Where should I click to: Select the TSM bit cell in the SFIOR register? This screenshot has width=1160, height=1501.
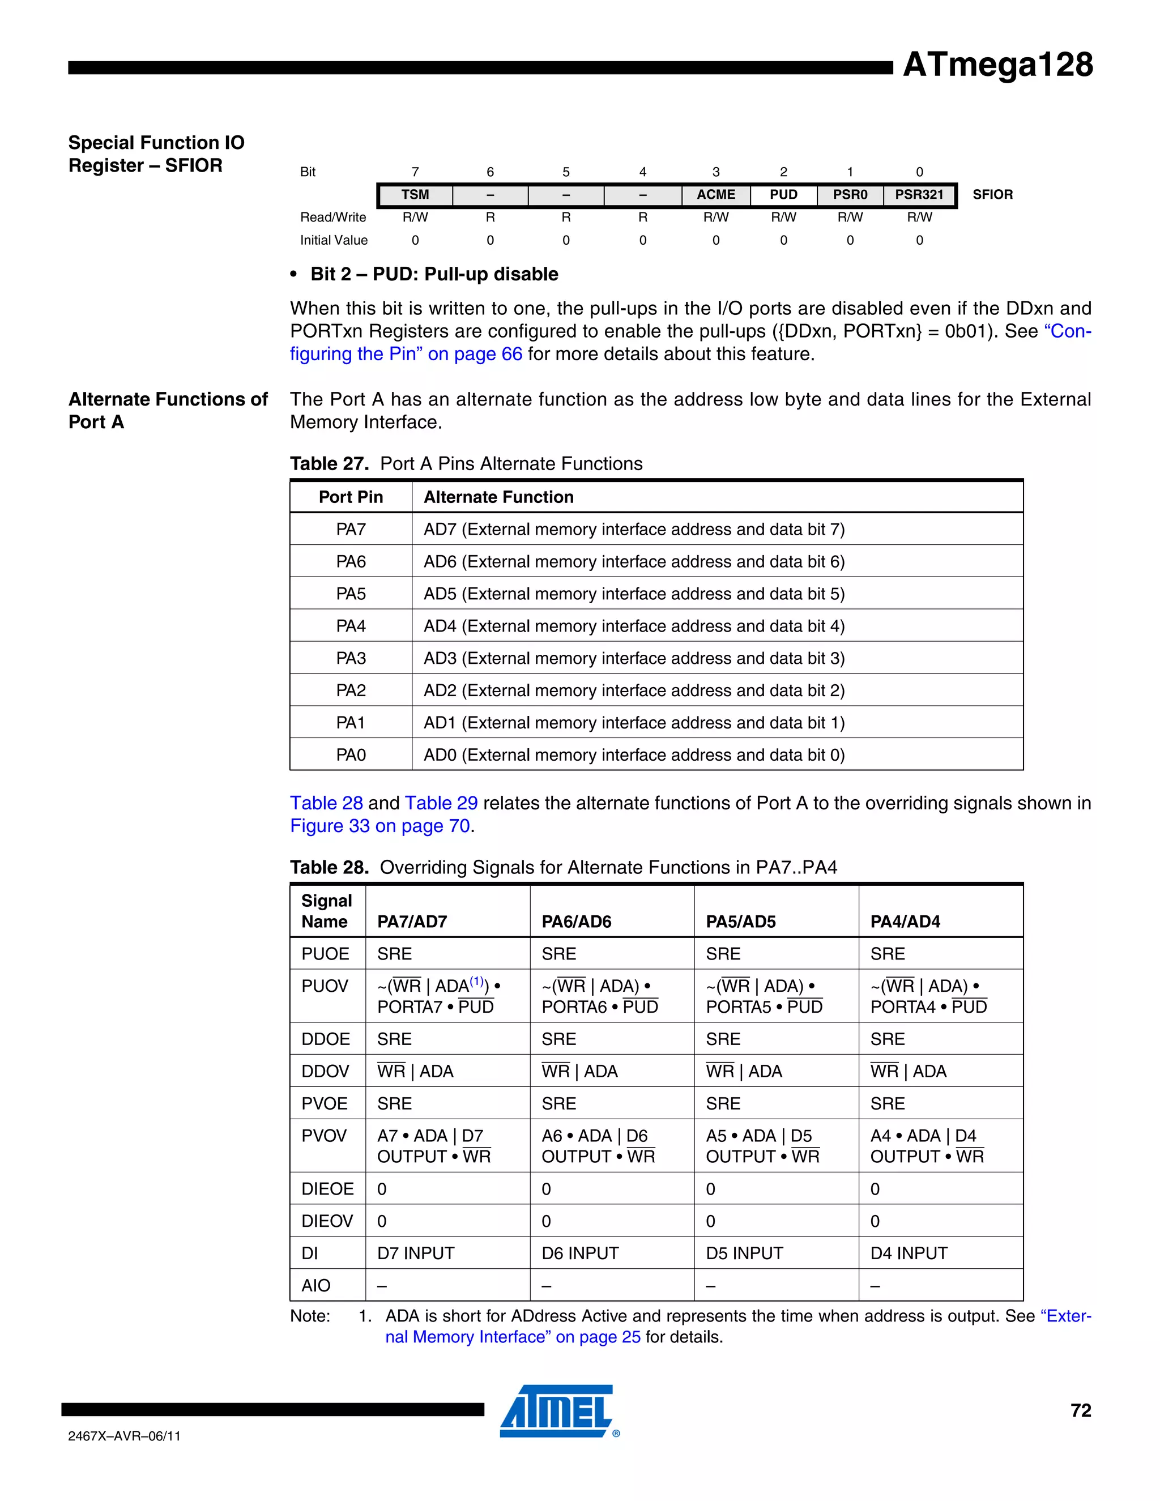pos(415,195)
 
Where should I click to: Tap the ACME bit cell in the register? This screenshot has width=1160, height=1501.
pos(715,195)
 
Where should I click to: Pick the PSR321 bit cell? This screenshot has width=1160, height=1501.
pos(919,195)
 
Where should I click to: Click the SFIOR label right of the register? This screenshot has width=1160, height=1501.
pos(992,195)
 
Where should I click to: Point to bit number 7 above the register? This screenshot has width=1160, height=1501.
pos(415,172)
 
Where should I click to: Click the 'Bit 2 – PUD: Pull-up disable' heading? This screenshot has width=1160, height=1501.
pos(434,274)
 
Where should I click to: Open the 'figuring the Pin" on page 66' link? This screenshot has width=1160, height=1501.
pos(406,355)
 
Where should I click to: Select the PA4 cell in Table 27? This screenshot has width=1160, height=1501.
pos(351,626)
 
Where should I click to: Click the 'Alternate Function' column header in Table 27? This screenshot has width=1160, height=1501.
pos(498,497)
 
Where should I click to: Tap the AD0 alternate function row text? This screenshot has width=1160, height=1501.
pos(634,755)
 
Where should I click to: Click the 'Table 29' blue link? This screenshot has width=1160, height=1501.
pos(441,803)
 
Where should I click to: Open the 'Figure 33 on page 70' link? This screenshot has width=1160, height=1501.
pos(380,826)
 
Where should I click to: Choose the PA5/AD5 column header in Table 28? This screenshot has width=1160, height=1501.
pos(740,922)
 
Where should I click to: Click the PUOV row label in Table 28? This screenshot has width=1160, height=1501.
pos(325,987)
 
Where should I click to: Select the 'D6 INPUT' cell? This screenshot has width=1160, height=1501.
pos(579,1253)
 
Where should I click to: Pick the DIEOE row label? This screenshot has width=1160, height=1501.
pos(327,1189)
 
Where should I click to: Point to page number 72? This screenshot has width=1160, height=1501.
pos(1080,1411)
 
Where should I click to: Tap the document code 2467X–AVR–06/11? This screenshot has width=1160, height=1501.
pos(125,1436)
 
